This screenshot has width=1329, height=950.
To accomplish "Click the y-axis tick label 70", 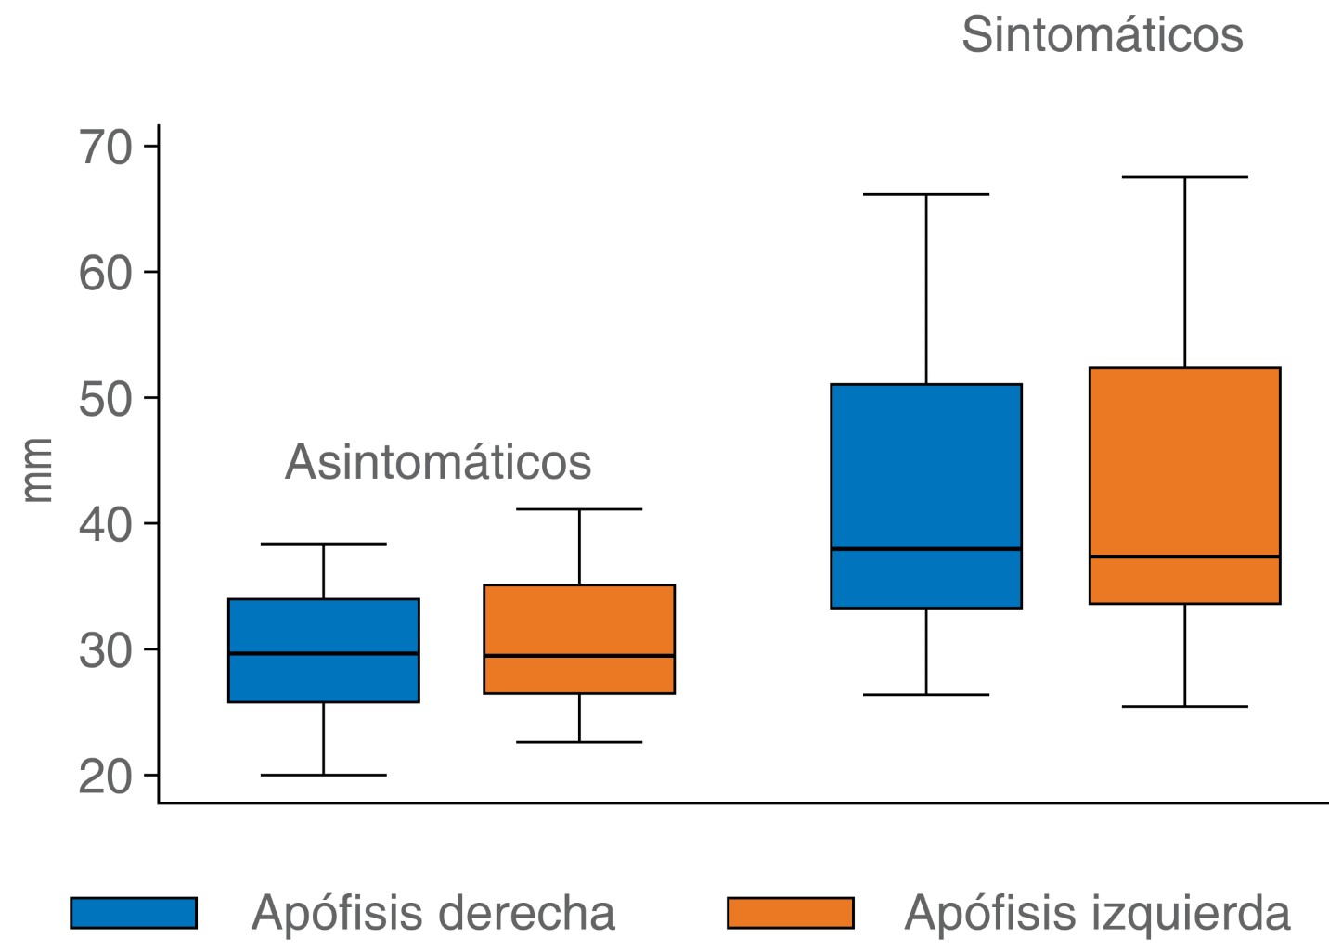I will [x=106, y=147].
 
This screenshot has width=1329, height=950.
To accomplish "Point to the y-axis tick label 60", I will [x=106, y=273].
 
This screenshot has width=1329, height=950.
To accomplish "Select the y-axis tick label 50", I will [x=106, y=399].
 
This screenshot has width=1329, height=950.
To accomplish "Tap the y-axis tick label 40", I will [x=106, y=525].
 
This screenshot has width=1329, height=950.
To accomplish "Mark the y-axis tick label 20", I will [x=106, y=777].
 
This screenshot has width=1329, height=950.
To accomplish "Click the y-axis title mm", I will [x=38, y=470].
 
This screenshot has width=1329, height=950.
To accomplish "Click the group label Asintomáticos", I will [x=438, y=462].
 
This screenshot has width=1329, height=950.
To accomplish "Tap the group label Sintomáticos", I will [x=1102, y=35].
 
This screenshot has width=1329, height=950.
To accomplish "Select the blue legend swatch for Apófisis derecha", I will [x=134, y=913].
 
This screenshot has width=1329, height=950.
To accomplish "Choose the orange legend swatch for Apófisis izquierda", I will [x=790, y=913].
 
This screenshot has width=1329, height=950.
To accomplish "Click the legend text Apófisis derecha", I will [x=432, y=913].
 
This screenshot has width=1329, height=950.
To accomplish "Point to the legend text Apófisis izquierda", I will [x=1097, y=913].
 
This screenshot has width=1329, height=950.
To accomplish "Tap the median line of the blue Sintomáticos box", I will [x=926, y=549].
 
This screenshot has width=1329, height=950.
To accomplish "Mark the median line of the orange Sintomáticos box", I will [x=1184, y=557].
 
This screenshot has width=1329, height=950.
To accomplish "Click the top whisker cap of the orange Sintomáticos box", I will [x=1184, y=177].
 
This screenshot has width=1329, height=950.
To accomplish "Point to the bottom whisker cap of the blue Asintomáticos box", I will [x=324, y=775].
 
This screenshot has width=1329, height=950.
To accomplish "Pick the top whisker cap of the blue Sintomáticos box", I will [x=926, y=195].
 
